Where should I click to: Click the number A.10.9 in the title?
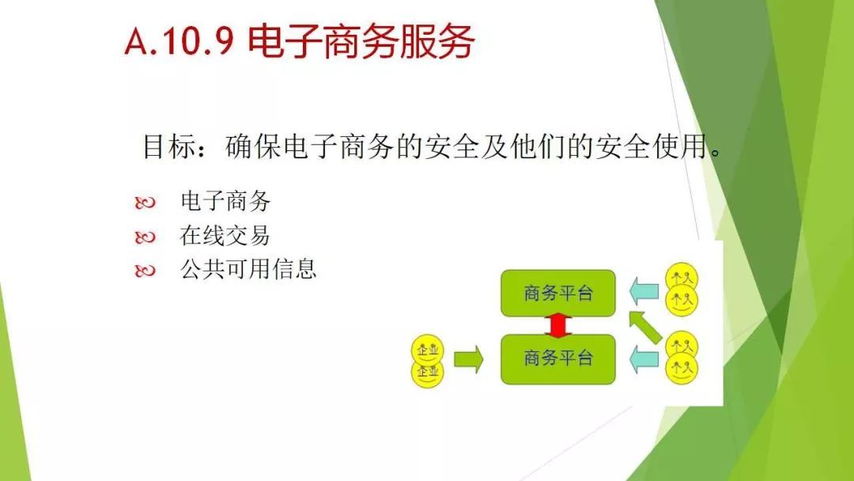pos(179,40)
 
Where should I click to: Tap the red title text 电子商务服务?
pos(361,41)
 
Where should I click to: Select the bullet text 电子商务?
pos(225,201)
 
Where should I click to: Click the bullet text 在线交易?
pos(225,235)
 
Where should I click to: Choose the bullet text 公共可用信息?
pos(248,268)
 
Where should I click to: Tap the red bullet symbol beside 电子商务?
pos(145,203)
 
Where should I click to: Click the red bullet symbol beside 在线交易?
pos(145,237)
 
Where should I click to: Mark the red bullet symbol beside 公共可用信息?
pos(145,271)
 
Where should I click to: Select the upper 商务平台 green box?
pos(557,293)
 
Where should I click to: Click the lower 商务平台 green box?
pos(557,359)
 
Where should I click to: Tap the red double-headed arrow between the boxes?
pos(557,325)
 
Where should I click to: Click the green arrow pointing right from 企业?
pos(468,359)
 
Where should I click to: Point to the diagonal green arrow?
pos(644,327)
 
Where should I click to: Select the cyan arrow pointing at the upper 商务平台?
pos(644,291)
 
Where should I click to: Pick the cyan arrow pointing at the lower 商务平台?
pos(644,359)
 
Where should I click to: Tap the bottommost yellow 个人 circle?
pos(682,368)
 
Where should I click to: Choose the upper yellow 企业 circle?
pos(428,350)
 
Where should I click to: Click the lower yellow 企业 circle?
pos(428,373)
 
